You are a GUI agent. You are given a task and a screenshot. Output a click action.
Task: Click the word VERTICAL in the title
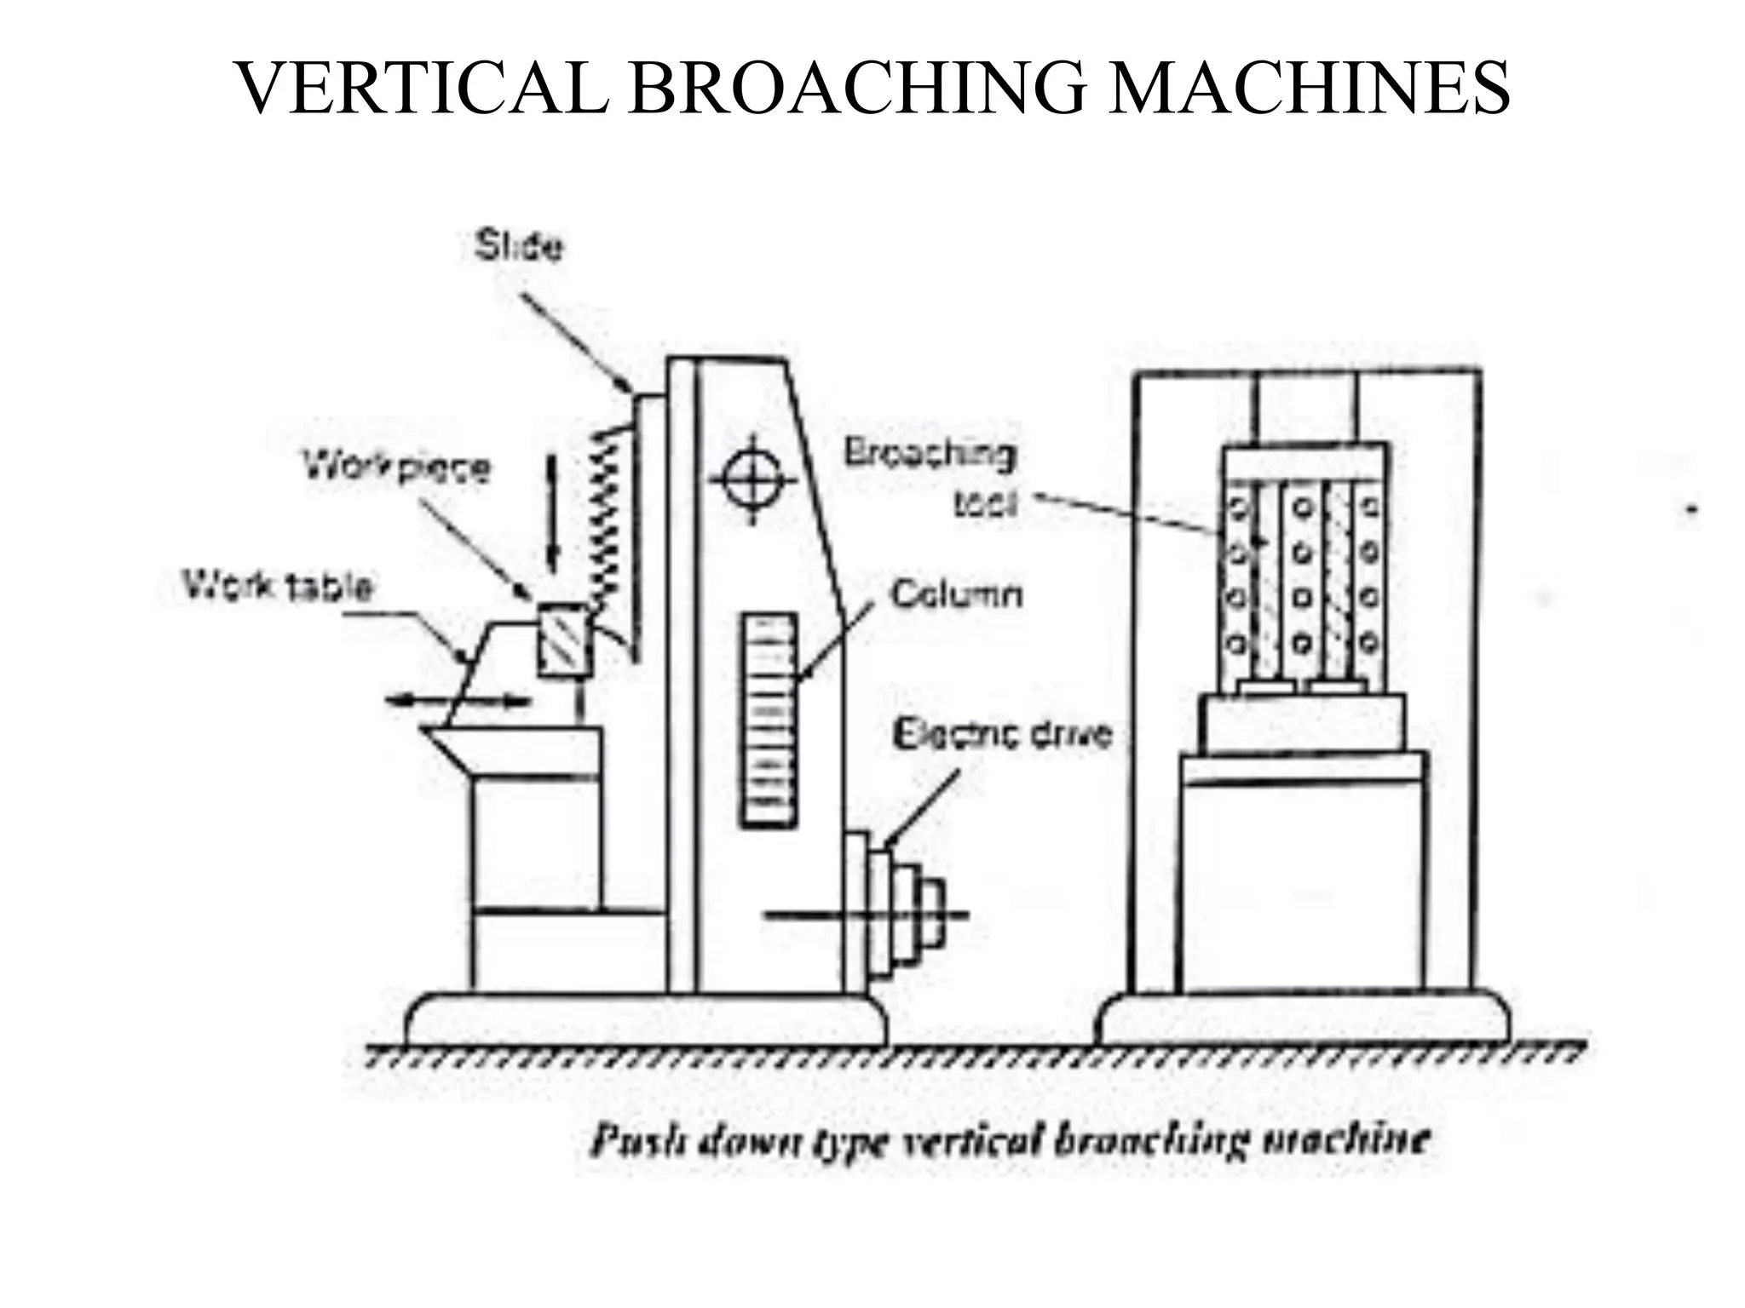[x=423, y=89]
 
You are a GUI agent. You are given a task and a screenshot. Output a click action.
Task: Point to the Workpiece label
[x=398, y=468]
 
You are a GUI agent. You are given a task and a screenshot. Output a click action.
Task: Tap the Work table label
[x=278, y=587]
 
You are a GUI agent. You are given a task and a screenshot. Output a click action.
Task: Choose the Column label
[x=956, y=594]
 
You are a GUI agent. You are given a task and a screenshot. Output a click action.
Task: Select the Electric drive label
[x=1003, y=733]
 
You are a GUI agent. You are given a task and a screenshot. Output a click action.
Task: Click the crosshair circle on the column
[x=752, y=479]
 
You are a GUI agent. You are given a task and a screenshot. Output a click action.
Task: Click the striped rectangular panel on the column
[x=768, y=720]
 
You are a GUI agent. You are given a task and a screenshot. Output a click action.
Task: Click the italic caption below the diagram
[x=1010, y=1140]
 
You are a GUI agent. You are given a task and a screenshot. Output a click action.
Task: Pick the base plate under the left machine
[x=646, y=1019]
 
